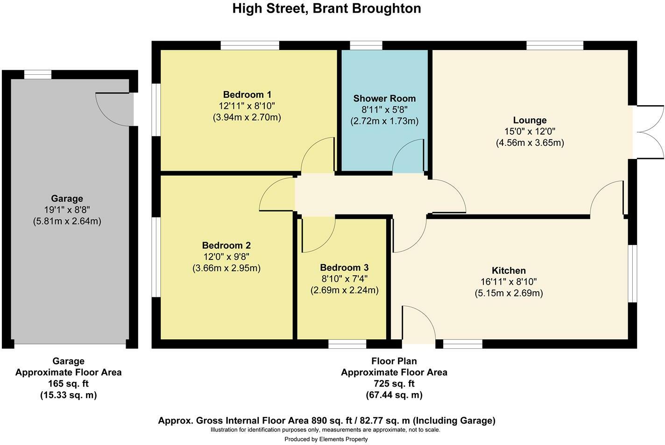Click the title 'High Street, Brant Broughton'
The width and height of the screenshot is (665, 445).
[x=326, y=8]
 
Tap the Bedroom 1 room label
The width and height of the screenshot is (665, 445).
[x=247, y=94]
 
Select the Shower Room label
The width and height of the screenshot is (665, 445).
[x=384, y=98]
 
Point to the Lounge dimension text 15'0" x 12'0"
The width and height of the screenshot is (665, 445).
[x=530, y=131]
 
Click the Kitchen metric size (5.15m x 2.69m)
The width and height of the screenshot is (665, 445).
[x=509, y=293]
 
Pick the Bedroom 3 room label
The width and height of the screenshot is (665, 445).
[x=344, y=267]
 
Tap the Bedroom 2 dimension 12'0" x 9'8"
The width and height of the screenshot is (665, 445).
[x=226, y=257]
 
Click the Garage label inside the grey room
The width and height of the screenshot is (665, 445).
[x=67, y=199]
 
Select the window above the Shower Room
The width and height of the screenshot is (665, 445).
[x=366, y=45]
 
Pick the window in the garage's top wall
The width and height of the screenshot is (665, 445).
[x=38, y=75]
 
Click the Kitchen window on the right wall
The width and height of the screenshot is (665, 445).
[x=632, y=273]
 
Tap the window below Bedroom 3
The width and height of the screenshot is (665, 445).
[x=347, y=344]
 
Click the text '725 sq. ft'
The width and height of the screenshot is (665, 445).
[x=394, y=384]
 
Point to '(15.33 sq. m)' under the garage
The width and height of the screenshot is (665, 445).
[x=69, y=395]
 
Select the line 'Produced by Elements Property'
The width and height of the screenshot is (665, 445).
[x=326, y=439]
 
